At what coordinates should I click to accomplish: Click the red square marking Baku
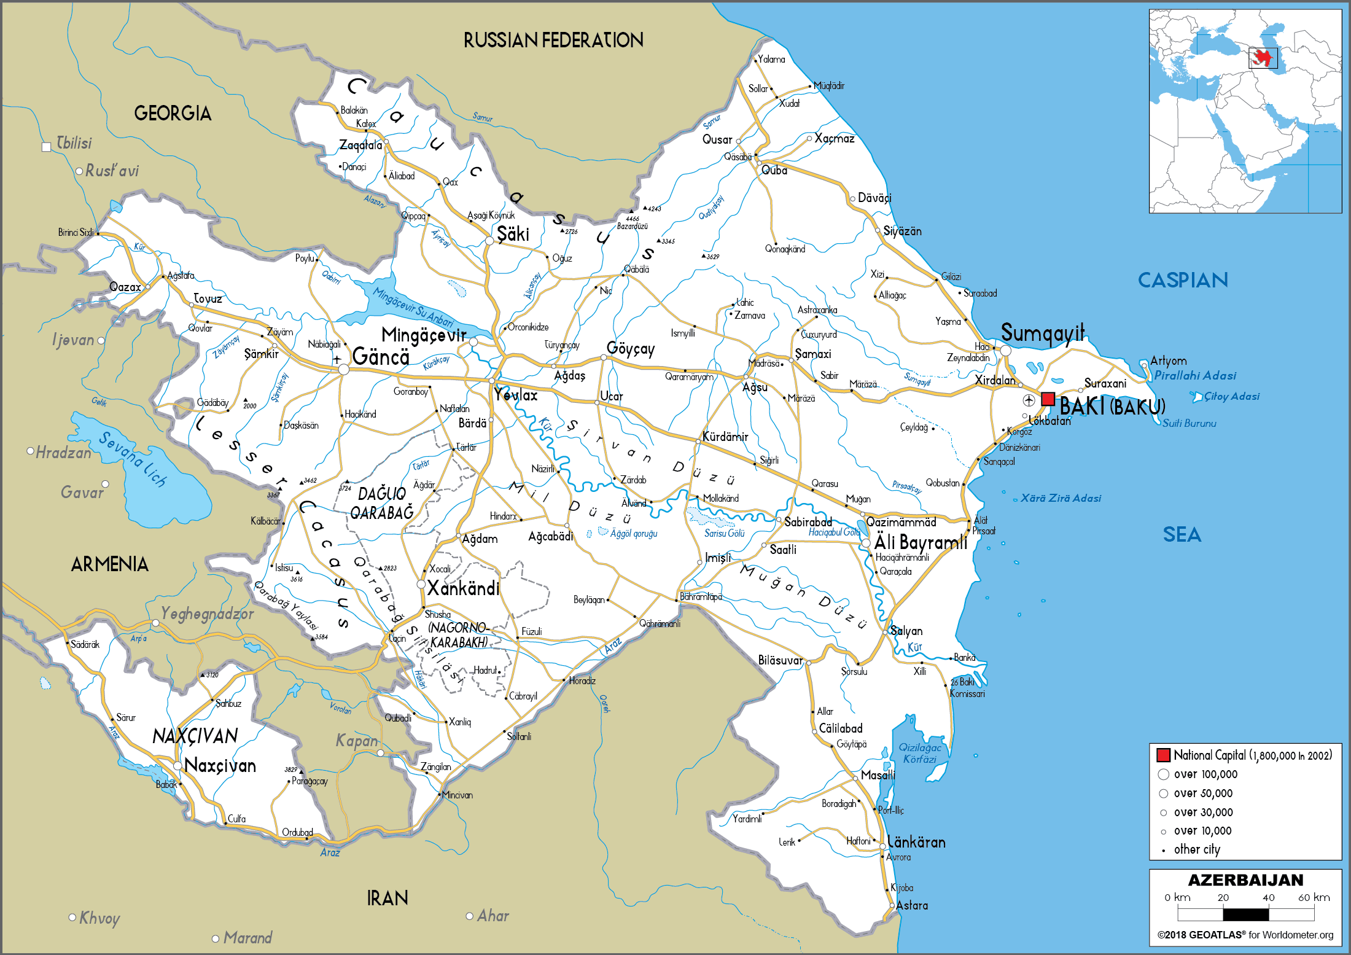[x=1048, y=399]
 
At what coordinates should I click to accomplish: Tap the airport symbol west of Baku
[x=1029, y=400]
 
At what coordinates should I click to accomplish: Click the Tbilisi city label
[x=74, y=143]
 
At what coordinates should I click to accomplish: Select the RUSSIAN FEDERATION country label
[x=553, y=41]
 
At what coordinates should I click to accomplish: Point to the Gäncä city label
[x=381, y=357]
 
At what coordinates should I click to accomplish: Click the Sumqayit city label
[x=1043, y=333]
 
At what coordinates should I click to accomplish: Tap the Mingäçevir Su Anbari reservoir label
[x=413, y=308]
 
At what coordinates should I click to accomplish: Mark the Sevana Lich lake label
[x=133, y=459]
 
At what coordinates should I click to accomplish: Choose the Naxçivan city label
[x=220, y=766]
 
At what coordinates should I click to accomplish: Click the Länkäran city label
[x=916, y=842]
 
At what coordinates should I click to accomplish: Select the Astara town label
[x=912, y=905]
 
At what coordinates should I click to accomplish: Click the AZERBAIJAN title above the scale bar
[x=1245, y=880]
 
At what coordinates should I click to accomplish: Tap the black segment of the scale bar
[x=1245, y=914]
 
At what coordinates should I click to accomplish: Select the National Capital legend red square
[x=1163, y=755]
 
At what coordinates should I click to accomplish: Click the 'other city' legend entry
[x=1196, y=849]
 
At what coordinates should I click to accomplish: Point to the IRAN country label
[x=387, y=898]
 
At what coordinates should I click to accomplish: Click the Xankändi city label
[x=463, y=589]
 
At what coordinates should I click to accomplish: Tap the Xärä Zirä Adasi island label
[x=1061, y=498]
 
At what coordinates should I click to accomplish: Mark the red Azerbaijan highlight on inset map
[x=1263, y=58]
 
